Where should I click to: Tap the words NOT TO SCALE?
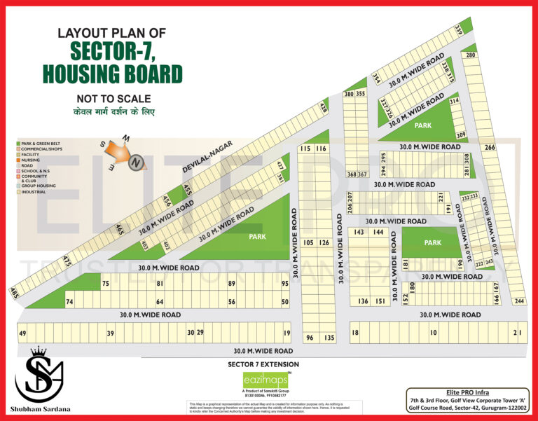coord(113,99)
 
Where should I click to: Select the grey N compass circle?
coord(137,163)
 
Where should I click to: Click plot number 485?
coord(14,294)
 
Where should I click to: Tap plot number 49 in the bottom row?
coord(22,333)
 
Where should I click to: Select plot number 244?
coord(519,301)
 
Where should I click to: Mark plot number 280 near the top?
coord(471,55)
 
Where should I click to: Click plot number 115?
coord(305,149)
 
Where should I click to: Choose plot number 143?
coord(359,232)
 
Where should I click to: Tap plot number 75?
coord(106,284)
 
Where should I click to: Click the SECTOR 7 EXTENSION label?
coord(263,364)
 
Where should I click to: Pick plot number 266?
coord(489,147)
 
